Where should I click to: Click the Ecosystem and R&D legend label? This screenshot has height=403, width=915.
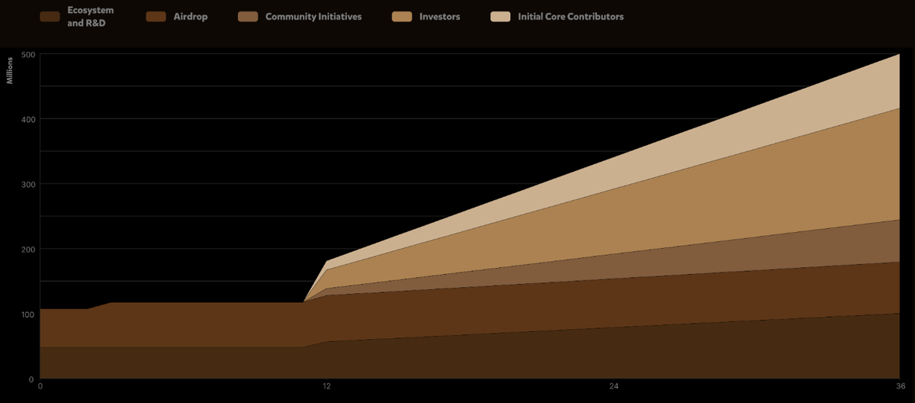[x=91, y=17]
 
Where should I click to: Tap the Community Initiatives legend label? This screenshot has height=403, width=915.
[x=313, y=17]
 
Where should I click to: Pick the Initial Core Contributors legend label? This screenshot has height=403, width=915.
[x=570, y=17]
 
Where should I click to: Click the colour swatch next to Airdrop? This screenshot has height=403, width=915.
[x=156, y=17]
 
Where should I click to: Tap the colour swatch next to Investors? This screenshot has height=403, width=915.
[x=402, y=17]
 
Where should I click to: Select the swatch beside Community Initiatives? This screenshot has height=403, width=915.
[x=248, y=17]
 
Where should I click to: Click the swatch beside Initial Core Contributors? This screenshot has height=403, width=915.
[x=500, y=17]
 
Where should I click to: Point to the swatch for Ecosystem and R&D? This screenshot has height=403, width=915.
[x=50, y=17]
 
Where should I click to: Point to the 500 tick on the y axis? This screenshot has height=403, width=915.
[x=27, y=54]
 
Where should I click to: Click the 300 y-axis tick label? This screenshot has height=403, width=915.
[x=27, y=184]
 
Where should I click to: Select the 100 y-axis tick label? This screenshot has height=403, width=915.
[x=27, y=314]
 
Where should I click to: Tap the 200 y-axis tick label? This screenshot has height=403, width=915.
[x=27, y=250]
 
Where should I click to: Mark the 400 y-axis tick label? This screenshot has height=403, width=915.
[x=27, y=119]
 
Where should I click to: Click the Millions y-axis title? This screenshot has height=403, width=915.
[x=11, y=69]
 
